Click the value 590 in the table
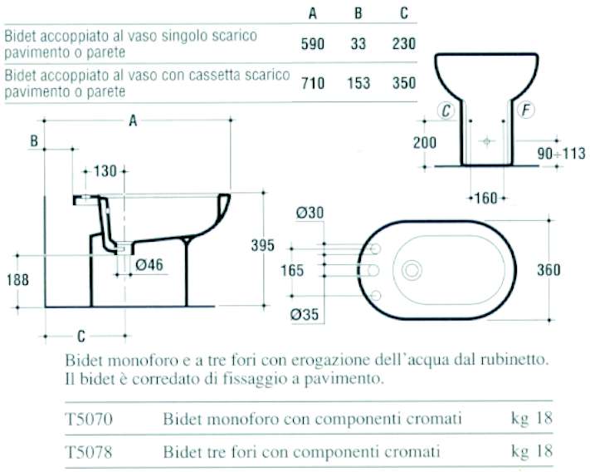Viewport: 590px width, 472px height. pos(313,43)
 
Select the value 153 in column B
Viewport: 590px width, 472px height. pos(358,83)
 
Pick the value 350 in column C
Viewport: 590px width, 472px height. pos(402,83)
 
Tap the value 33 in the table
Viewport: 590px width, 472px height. pos(358,43)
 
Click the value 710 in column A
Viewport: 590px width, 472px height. pos(313,83)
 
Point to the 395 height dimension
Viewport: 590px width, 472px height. pos(263,244)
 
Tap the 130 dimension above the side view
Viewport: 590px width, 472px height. pos(105,171)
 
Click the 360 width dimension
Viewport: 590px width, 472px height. pos(548,270)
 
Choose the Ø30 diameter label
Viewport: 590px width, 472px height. pos(309,213)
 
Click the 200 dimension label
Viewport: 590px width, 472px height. pos(425,143)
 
